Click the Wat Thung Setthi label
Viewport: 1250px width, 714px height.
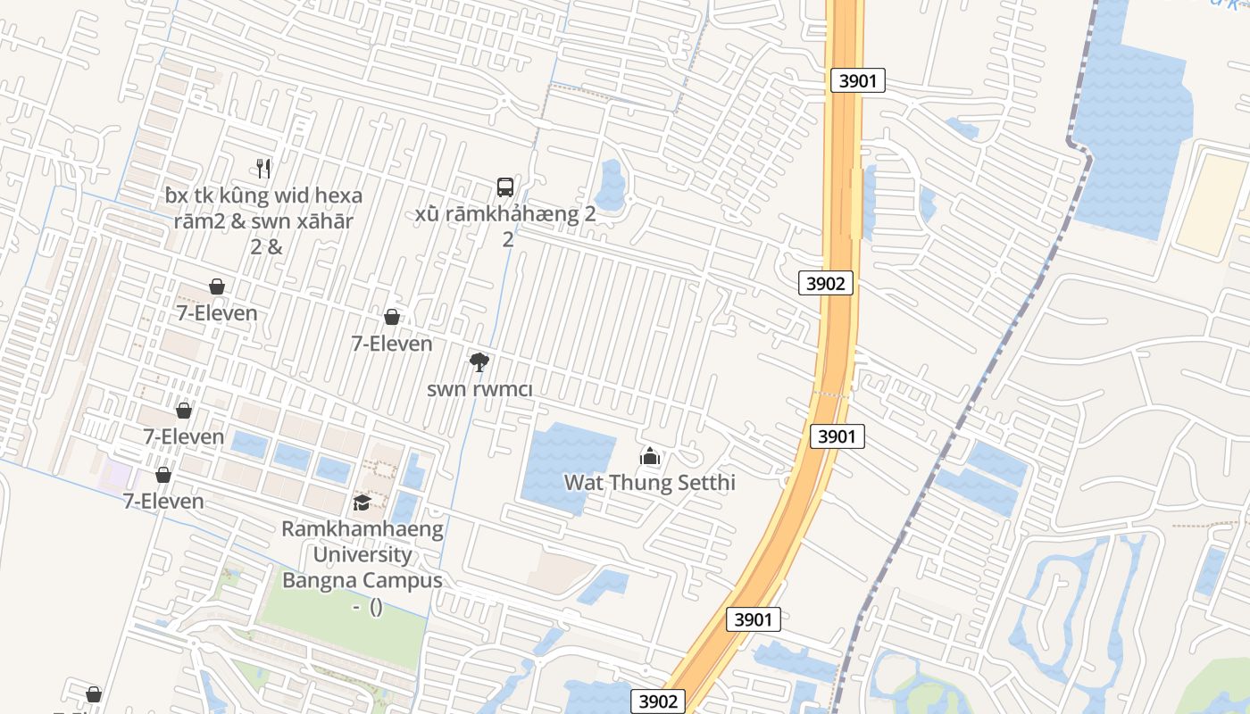(x=649, y=483)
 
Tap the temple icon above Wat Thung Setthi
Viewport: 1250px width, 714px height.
(x=649, y=457)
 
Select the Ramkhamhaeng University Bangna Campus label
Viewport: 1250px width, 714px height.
(x=362, y=554)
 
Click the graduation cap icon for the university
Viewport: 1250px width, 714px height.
(x=362, y=502)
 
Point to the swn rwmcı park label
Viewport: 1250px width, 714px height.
(x=479, y=389)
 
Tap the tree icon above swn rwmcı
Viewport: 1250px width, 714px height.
(x=479, y=361)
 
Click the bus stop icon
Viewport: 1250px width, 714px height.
(x=505, y=187)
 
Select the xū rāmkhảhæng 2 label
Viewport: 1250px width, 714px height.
(x=506, y=215)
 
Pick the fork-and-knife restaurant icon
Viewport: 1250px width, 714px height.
(x=263, y=168)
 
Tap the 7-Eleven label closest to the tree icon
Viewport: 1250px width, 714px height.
(x=392, y=344)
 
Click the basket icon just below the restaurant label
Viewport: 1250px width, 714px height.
(x=217, y=286)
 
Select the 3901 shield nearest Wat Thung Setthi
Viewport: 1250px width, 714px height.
(x=837, y=436)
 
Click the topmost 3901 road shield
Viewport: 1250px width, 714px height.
(x=857, y=80)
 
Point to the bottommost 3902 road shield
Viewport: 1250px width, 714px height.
(x=659, y=702)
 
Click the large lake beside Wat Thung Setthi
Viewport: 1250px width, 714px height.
(x=562, y=464)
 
